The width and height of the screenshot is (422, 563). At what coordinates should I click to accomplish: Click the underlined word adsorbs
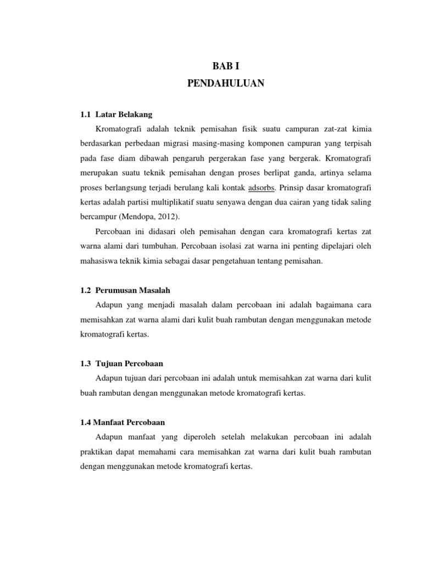(x=263, y=187)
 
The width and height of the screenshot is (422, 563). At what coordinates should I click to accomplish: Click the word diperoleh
(x=194, y=437)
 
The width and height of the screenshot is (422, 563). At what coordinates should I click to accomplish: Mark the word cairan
(x=296, y=202)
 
